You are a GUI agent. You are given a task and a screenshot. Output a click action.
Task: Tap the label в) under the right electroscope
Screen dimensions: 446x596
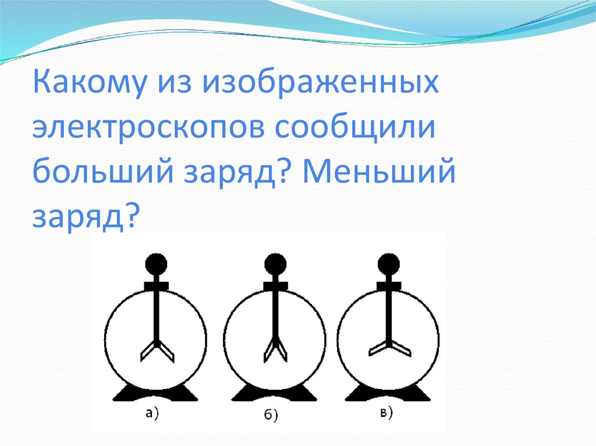click(386, 413)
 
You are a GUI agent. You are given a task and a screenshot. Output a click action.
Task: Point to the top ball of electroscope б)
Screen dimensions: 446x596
click(274, 265)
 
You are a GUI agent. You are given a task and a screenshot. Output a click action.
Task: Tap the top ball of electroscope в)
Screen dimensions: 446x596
click(388, 265)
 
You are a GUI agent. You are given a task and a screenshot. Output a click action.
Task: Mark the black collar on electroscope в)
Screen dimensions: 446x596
click(388, 285)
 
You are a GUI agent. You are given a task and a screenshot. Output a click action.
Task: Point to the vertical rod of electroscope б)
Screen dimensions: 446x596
click(274, 314)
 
